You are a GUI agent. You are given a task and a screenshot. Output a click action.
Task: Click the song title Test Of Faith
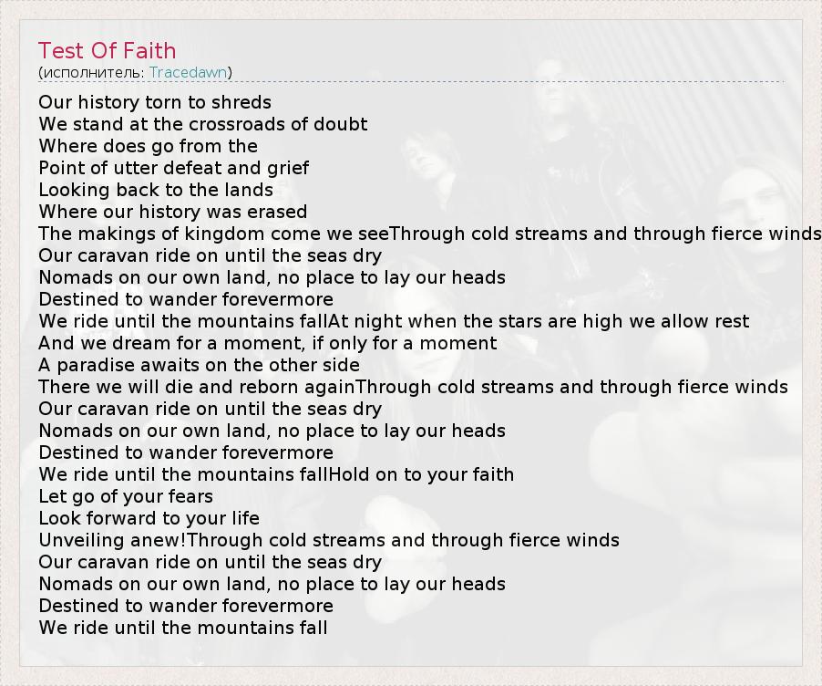click(107, 51)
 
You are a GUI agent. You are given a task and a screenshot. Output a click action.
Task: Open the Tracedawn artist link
click(189, 72)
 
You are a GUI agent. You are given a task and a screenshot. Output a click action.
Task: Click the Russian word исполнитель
click(92, 72)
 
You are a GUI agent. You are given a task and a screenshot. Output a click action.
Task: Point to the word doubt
click(340, 124)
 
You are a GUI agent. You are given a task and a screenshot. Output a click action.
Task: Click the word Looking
click(75, 190)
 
